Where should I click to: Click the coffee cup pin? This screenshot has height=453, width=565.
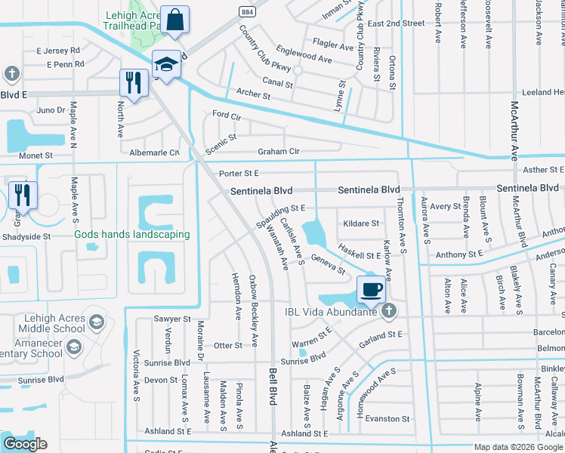[370, 288]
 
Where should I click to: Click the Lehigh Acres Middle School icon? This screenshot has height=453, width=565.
[96, 323]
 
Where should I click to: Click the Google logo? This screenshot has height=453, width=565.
[25, 444]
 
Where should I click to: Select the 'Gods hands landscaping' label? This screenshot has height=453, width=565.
[131, 234]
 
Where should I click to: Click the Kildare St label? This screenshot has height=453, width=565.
[361, 223]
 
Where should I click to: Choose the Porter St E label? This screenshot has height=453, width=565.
[239, 174]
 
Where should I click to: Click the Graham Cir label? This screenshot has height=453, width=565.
[279, 151]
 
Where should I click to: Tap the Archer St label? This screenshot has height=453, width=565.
[253, 96]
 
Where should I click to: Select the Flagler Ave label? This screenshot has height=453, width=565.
[332, 47]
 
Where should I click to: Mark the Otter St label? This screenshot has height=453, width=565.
[227, 345]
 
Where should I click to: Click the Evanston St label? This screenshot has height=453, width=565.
[391, 418]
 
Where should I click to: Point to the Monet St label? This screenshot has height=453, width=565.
[36, 155]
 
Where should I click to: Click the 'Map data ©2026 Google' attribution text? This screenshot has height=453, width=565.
[517, 447]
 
